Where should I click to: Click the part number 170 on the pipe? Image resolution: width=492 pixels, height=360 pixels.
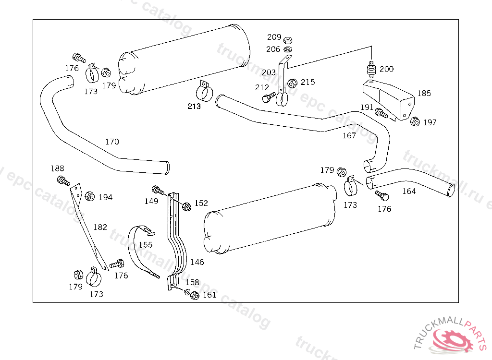click(x=112, y=142)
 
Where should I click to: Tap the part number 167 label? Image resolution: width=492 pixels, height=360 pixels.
click(x=349, y=136)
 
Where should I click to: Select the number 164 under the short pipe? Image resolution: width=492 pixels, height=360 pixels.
click(x=408, y=191)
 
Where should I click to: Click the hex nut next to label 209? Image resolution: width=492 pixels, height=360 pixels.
click(x=288, y=40)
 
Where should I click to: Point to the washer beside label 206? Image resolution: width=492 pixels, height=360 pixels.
click(x=288, y=49)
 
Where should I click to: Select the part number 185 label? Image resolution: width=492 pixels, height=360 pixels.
click(x=424, y=94)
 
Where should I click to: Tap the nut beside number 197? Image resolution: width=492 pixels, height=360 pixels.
click(x=415, y=121)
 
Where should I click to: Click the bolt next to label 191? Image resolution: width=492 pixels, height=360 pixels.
click(x=381, y=114)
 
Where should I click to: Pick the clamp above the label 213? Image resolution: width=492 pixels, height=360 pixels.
click(x=205, y=91)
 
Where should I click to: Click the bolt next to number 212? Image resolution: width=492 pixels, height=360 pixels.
click(x=267, y=97)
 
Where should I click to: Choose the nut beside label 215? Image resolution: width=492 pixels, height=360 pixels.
click(x=292, y=83)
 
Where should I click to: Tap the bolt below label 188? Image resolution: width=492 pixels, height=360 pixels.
click(x=63, y=181)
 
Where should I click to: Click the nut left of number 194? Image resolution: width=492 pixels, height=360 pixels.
click(x=89, y=196)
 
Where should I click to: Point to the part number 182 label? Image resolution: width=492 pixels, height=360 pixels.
click(x=100, y=227)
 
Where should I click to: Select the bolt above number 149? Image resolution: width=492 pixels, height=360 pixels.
click(x=157, y=190)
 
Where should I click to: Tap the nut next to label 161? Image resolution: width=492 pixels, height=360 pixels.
click(x=195, y=295)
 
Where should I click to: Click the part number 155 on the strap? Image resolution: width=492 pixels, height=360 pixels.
click(x=146, y=245)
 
